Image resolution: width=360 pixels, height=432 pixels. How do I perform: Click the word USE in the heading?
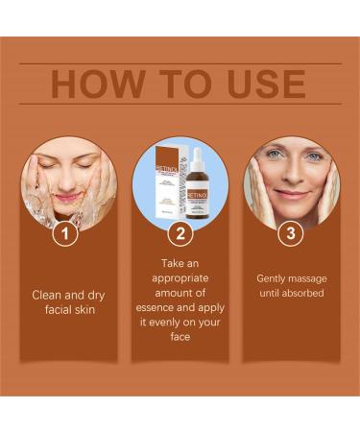(258, 84)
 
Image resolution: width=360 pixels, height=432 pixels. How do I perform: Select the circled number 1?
(65, 232)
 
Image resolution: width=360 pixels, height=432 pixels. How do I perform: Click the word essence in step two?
(160, 308)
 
